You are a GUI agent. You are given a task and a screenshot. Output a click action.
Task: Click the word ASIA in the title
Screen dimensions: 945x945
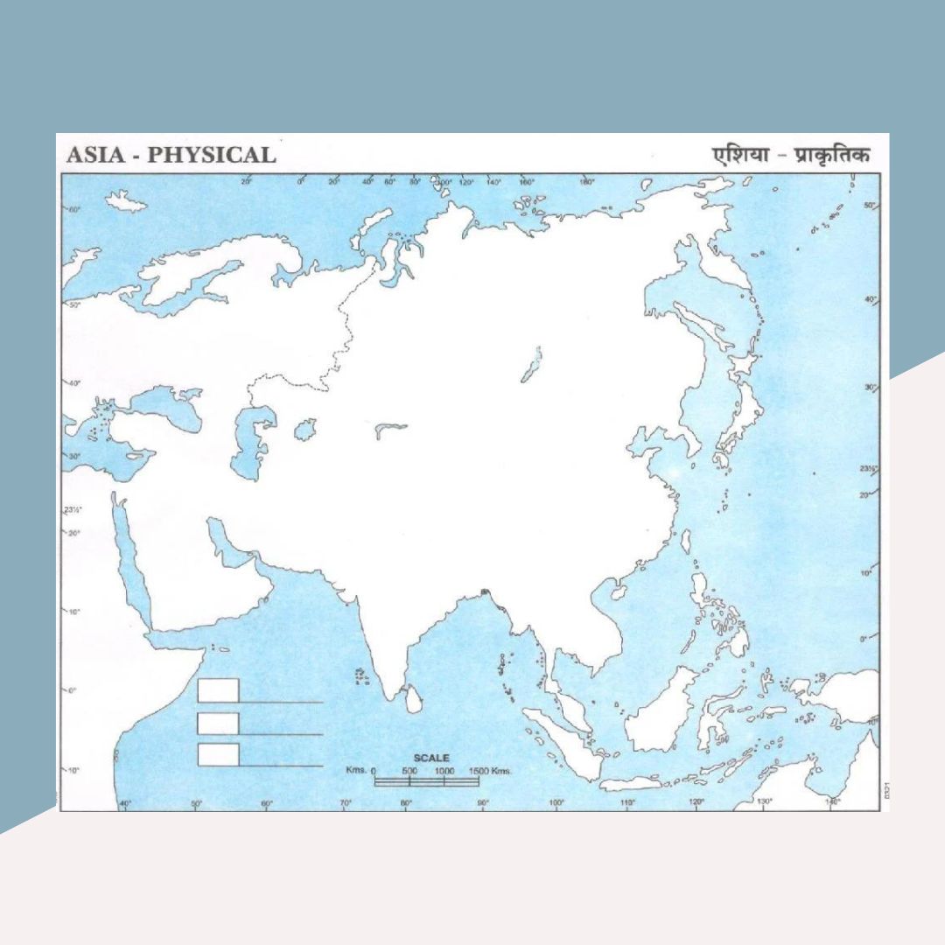point(94,155)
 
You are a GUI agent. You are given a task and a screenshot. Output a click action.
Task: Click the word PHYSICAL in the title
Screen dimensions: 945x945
point(211,155)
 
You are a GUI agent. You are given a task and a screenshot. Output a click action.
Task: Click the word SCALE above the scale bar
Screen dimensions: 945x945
point(431,758)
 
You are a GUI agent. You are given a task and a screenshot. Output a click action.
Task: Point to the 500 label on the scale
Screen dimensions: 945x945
point(409,771)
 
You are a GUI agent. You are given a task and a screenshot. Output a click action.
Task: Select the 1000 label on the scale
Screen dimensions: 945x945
point(444,771)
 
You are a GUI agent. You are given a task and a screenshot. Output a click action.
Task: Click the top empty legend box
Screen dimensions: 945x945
point(218,690)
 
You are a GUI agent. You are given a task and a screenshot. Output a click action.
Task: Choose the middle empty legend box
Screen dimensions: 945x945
point(218,724)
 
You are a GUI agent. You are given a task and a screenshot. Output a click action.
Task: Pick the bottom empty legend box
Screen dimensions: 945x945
point(218,754)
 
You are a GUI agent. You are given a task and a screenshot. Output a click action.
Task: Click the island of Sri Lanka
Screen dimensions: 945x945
point(412,697)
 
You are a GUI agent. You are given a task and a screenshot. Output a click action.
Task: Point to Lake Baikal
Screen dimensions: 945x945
point(532,365)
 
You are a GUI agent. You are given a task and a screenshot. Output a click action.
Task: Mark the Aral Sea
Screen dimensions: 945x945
point(304,430)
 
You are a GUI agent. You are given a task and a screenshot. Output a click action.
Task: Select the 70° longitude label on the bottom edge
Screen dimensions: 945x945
point(346,802)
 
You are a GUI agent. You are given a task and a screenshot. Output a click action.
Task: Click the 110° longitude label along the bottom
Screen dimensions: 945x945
point(626,802)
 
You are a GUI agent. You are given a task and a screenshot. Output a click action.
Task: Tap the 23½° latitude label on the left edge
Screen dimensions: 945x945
point(72,510)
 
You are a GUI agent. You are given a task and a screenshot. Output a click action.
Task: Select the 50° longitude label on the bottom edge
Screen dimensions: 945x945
point(196,802)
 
